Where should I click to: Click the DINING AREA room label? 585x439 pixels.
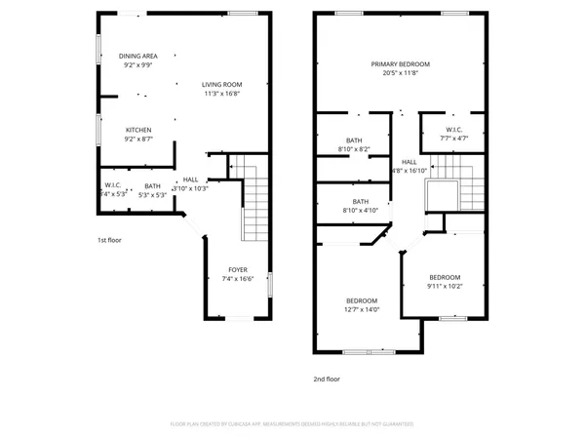[x=138, y=56]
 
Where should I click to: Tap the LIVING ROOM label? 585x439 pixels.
[x=223, y=84]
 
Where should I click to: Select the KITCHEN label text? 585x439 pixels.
[x=138, y=130]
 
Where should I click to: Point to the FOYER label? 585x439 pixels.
[x=238, y=269]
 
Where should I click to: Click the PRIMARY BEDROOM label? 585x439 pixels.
[x=400, y=63]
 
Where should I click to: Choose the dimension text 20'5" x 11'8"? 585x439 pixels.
[x=400, y=73]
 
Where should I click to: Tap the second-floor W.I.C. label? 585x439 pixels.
[x=453, y=130]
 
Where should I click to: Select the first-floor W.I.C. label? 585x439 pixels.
[x=112, y=185]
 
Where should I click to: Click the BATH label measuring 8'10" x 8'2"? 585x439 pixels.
[x=354, y=140]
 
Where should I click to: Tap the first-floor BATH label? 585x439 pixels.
[x=152, y=185]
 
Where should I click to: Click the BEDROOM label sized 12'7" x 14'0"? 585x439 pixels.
[x=362, y=299]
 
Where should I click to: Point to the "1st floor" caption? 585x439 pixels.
[x=109, y=239]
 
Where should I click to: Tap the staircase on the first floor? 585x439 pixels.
[x=255, y=205]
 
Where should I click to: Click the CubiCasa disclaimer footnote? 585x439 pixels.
[x=292, y=424]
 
